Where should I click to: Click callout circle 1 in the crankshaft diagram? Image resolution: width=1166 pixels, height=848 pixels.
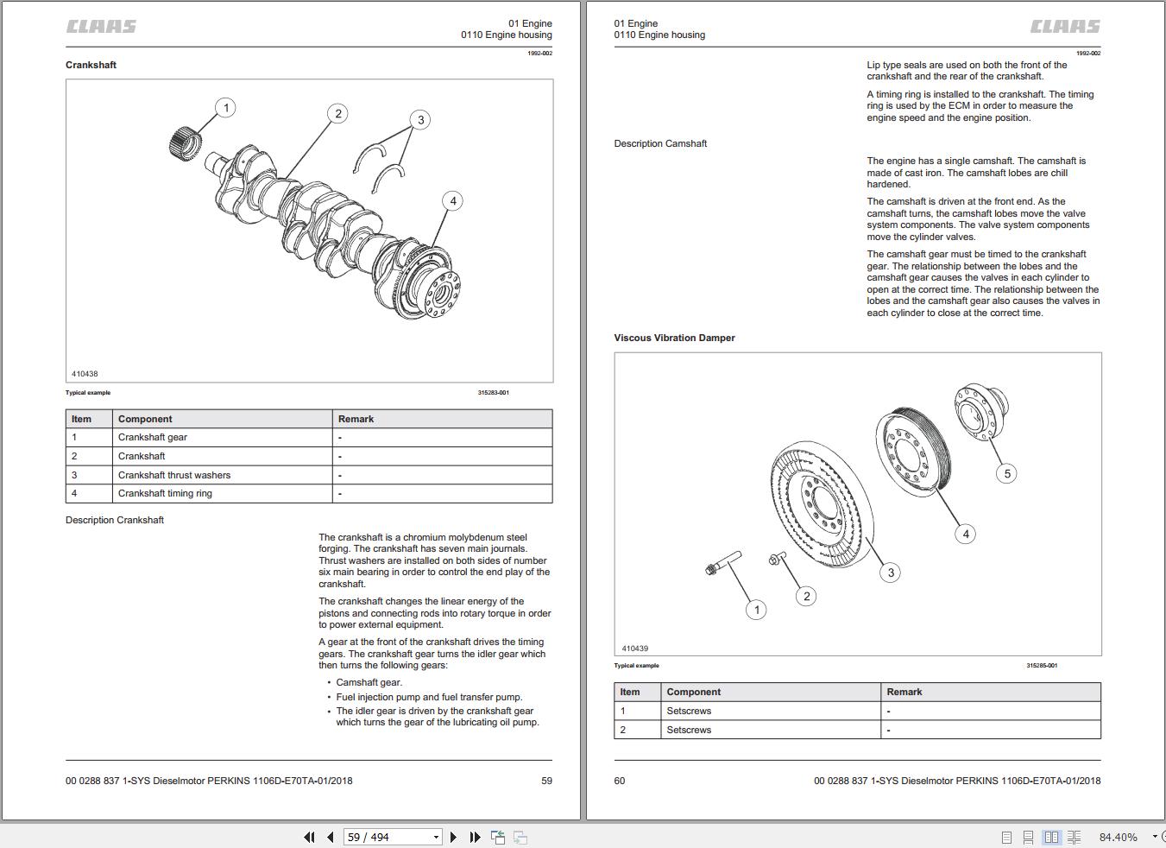tap(226, 108)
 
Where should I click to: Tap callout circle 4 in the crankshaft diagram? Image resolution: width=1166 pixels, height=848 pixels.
tap(453, 201)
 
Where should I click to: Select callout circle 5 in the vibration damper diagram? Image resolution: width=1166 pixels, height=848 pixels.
tap(1006, 473)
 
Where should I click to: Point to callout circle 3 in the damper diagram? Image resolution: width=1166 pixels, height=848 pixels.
tap(891, 572)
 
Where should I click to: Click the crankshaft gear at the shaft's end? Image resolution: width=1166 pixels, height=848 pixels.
tap(184, 141)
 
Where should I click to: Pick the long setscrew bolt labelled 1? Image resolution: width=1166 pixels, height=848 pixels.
tap(724, 562)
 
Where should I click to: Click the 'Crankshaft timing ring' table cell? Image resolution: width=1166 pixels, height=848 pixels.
tap(165, 493)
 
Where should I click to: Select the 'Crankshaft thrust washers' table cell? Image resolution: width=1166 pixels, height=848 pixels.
tap(174, 475)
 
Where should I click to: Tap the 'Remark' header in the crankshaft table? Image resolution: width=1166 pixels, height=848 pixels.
tap(356, 419)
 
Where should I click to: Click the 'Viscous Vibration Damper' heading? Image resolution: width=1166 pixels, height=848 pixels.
tap(674, 338)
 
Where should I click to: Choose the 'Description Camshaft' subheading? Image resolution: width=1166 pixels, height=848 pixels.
tap(660, 143)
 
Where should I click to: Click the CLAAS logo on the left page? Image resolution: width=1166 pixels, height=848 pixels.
tap(101, 27)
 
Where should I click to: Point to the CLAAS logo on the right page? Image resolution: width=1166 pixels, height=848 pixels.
tap(1065, 27)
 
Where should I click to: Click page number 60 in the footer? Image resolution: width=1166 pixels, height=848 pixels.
tap(620, 781)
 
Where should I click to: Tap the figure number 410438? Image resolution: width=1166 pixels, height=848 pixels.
tap(85, 374)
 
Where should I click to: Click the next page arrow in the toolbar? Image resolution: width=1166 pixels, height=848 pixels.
tap(453, 837)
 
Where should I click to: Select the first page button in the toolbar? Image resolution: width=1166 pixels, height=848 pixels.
tap(309, 837)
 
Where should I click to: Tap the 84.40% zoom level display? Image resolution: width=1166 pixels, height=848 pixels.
tap(1118, 837)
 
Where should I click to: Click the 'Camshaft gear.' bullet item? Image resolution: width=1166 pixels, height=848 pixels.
tap(369, 682)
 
